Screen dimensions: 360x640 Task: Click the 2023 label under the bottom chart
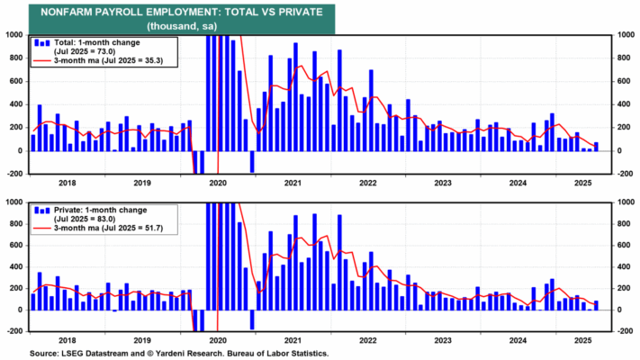coord(443,340)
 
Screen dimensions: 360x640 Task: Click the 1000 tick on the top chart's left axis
coord(15,35)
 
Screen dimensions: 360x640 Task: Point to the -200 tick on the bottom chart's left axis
coord(15,331)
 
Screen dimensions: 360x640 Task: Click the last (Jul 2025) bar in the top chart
coord(596,146)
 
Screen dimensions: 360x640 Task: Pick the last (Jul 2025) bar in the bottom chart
coord(596,305)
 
